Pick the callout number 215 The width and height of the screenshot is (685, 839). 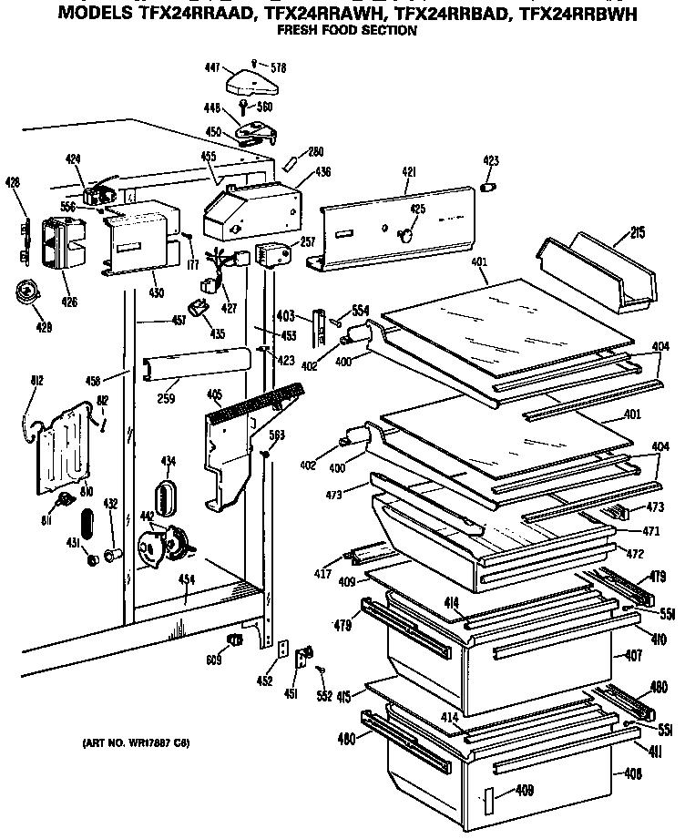637,233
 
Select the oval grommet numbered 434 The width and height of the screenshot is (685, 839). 169,499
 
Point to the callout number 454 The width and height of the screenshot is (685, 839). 185,580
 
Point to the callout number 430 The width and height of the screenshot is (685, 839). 156,292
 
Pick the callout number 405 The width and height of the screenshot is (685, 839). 213,395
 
